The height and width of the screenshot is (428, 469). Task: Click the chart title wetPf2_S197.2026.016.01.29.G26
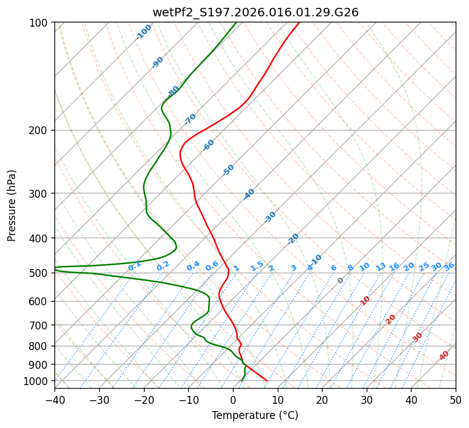[255, 12]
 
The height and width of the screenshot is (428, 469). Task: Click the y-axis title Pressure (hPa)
[12, 206]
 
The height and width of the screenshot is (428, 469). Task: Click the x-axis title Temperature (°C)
[255, 415]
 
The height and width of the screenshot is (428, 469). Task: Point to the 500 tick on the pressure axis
[40, 273]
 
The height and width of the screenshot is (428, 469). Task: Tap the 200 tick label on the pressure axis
[40, 131]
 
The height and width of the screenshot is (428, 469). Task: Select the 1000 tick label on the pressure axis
[38, 381]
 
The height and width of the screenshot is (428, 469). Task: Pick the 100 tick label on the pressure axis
[40, 23]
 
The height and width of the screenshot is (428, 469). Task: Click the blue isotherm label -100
[144, 32]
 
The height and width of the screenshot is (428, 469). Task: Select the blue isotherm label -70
[190, 119]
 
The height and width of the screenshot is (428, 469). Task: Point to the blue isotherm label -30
[270, 217]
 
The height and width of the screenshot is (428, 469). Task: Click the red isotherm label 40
[444, 356]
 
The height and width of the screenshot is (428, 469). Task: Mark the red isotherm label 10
[365, 300]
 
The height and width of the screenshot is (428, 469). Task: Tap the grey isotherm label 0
[341, 280]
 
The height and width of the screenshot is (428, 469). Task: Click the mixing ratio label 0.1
[134, 265]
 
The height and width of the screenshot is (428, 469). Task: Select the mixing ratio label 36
[449, 266]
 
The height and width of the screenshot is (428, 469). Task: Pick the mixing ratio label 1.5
[257, 265]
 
